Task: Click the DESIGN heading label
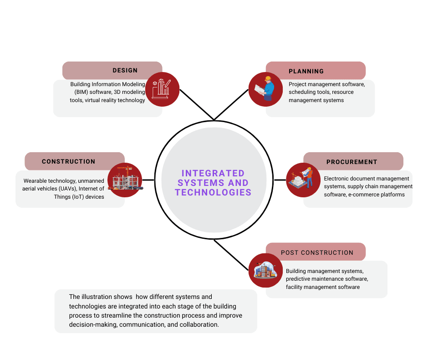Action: tap(125, 71)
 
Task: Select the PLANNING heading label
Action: tap(306, 71)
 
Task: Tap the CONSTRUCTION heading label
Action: tap(68, 161)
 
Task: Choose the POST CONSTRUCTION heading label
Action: tap(317, 252)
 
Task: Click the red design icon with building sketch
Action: tap(162, 89)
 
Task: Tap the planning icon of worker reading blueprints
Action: tap(265, 89)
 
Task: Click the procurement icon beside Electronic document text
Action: tap(303, 180)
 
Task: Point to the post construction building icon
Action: tap(265, 270)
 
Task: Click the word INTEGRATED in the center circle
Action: tap(213, 173)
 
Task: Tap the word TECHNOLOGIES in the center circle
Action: tap(213, 192)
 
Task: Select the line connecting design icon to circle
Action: tap(197, 104)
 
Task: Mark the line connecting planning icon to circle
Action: tap(231, 104)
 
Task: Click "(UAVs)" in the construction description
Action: tap(67, 189)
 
